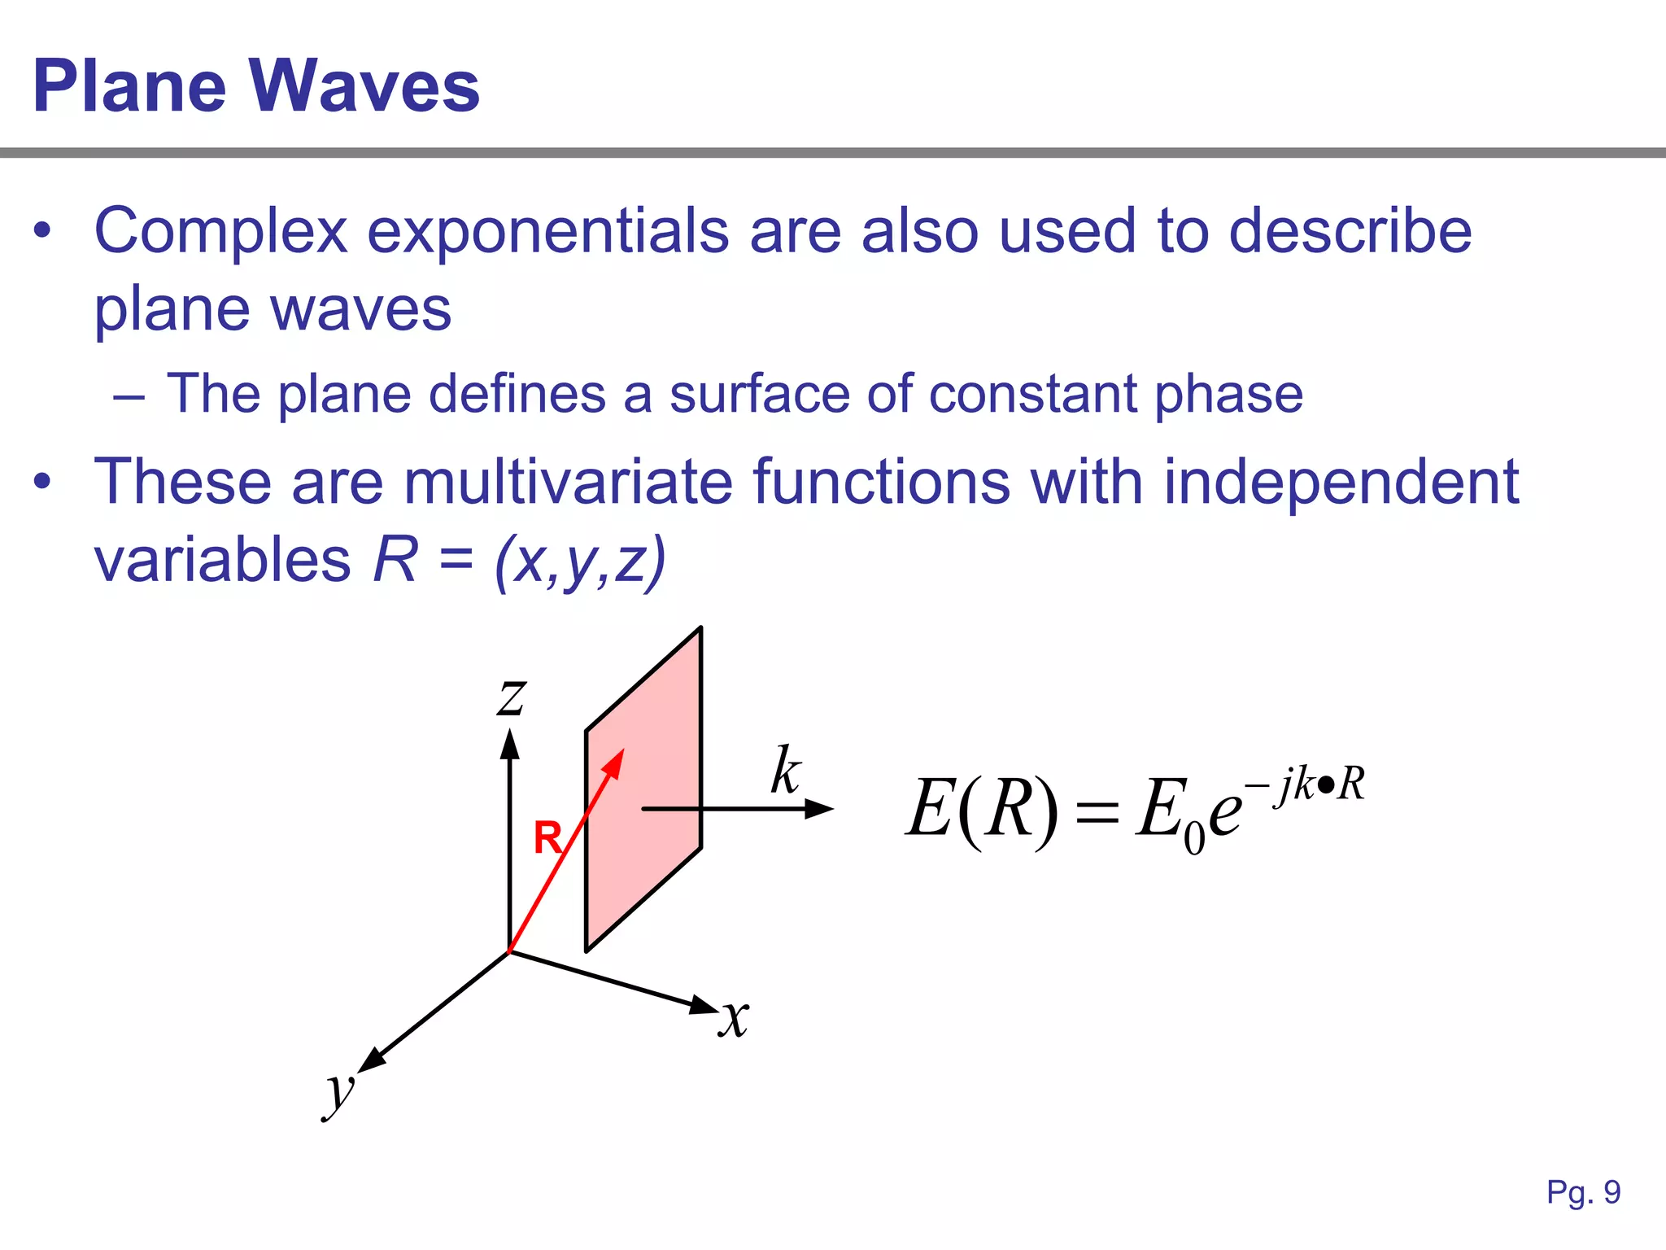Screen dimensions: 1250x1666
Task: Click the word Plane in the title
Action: click(129, 86)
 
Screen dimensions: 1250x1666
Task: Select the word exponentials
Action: click(547, 232)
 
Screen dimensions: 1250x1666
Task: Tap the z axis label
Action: click(512, 697)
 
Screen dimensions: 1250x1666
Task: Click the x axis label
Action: click(735, 1017)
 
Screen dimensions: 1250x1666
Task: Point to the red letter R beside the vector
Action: click(547, 837)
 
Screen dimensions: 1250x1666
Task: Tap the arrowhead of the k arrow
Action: click(819, 809)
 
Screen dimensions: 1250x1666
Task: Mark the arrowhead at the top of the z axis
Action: click(510, 744)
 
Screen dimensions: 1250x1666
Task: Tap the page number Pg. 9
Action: click(1583, 1192)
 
